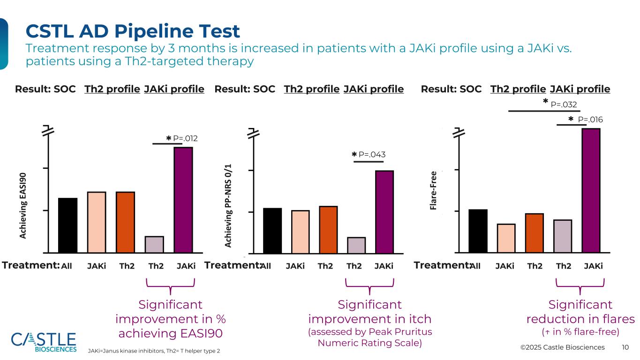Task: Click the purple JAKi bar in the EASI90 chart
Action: (x=183, y=200)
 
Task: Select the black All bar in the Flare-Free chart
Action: (x=478, y=231)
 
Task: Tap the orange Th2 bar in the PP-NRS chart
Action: (x=328, y=229)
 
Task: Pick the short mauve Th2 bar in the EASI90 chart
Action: (x=154, y=244)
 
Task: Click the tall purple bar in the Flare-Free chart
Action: (x=591, y=190)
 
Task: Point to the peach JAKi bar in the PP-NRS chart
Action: (x=300, y=231)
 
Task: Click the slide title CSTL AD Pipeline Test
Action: (x=133, y=31)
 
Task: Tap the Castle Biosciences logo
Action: (x=44, y=342)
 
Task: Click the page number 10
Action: (x=625, y=347)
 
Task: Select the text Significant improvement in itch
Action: (x=369, y=312)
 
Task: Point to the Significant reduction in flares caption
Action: (x=580, y=312)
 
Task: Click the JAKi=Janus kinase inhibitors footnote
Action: (x=154, y=351)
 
